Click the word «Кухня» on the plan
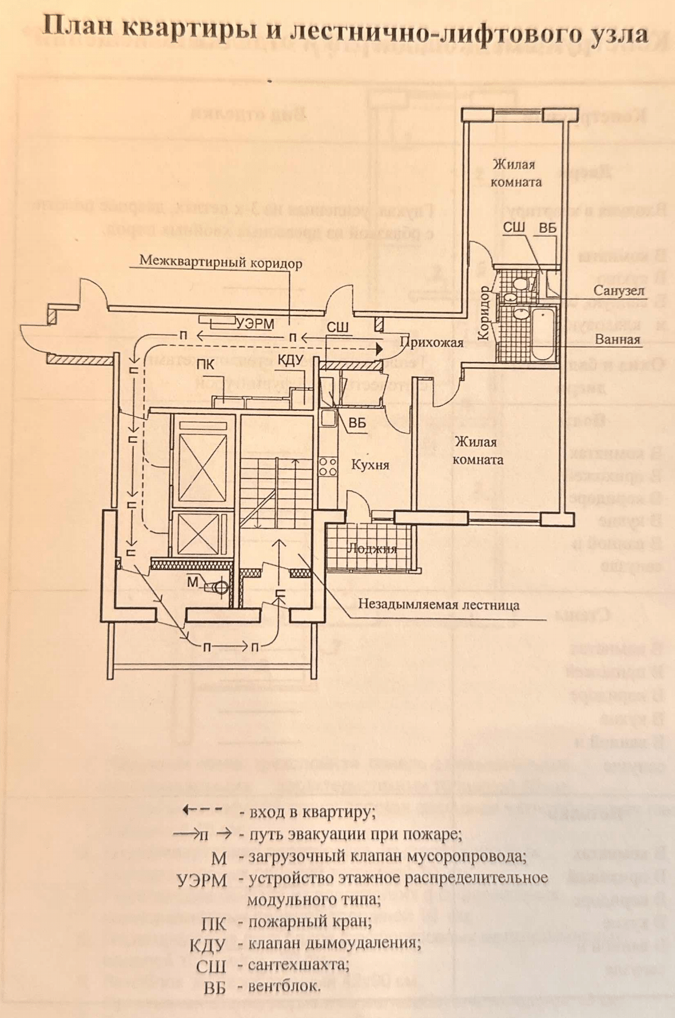click(x=370, y=465)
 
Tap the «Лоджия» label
click(x=372, y=549)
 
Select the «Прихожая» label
click(x=431, y=343)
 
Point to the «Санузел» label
click(x=618, y=291)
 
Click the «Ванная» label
click(x=617, y=339)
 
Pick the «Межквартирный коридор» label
click(x=221, y=263)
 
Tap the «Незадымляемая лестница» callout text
click(x=439, y=604)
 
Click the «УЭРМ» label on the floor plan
click(x=255, y=324)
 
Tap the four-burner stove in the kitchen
click(x=328, y=466)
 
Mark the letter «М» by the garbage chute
click(x=193, y=582)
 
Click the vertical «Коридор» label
click(x=483, y=313)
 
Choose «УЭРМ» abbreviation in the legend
click(x=202, y=880)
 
